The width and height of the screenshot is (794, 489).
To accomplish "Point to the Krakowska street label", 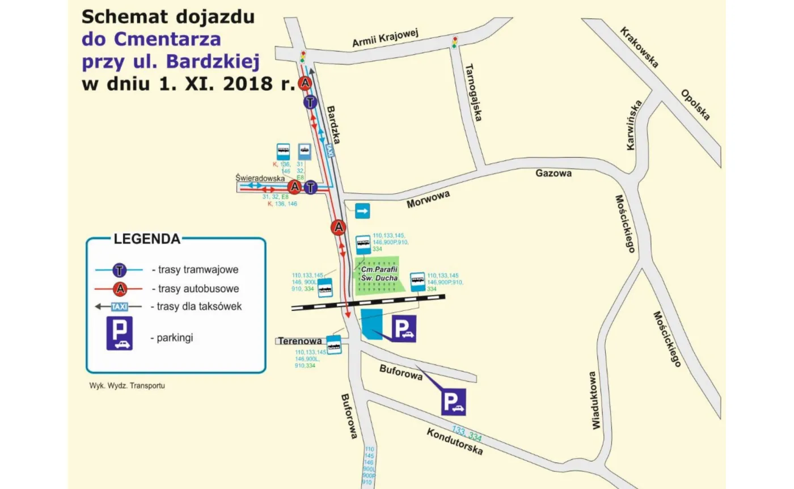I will point(639,47).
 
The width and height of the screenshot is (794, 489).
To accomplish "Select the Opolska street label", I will point(695,105).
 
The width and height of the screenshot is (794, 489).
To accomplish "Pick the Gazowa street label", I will point(553,173).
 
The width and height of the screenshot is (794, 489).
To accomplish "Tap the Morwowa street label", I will point(428,200).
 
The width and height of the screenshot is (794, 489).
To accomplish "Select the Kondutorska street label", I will point(455,441).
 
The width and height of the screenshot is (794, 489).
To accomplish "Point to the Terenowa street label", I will point(300,341).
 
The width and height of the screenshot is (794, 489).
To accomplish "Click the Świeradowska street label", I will point(260,178).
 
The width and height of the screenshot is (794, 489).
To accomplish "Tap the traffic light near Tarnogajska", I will point(454,42).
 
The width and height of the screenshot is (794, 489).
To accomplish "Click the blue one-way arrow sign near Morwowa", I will point(363,211).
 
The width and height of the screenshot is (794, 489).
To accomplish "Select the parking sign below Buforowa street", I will point(454,402).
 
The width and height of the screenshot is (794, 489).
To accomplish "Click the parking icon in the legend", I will point(119,333).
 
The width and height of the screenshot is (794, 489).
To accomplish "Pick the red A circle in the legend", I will point(120,288).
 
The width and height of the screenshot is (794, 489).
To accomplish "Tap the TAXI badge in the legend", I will point(119,306).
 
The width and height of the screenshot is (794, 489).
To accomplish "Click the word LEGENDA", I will point(147,239).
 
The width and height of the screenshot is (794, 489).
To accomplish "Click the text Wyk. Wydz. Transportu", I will point(127,385).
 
